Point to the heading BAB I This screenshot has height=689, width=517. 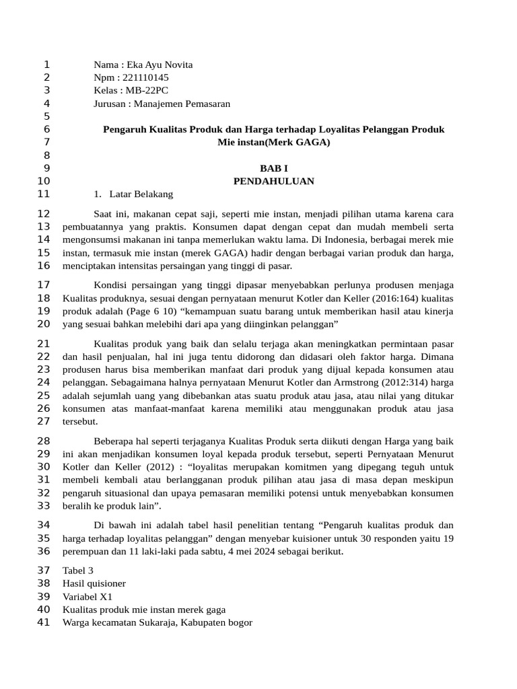pos(273,168)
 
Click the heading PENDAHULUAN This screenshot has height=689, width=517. pos(273,181)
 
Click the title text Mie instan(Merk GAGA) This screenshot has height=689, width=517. pos(273,143)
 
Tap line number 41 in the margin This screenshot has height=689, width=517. pos(44,622)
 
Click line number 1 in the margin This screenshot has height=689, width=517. pos(46,65)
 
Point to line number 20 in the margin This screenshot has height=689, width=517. pos(44,324)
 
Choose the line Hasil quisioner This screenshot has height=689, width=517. pos(94,583)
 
